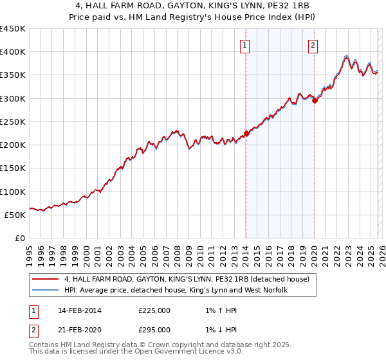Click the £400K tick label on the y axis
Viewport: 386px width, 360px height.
coord(13,52)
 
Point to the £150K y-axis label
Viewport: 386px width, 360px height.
coord(13,168)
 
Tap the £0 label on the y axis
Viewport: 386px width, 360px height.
coord(20,238)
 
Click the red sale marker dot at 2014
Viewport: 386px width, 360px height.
coord(246,134)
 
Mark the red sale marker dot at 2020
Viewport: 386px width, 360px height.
coord(315,100)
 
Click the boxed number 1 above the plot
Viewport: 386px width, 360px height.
coord(246,45)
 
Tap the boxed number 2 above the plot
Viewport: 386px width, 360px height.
coord(313,45)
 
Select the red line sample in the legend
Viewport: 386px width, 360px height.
coord(45,279)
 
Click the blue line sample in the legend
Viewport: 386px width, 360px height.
coord(45,291)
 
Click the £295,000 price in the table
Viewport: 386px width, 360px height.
coord(154,330)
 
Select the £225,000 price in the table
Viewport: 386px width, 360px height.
coord(154,310)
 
